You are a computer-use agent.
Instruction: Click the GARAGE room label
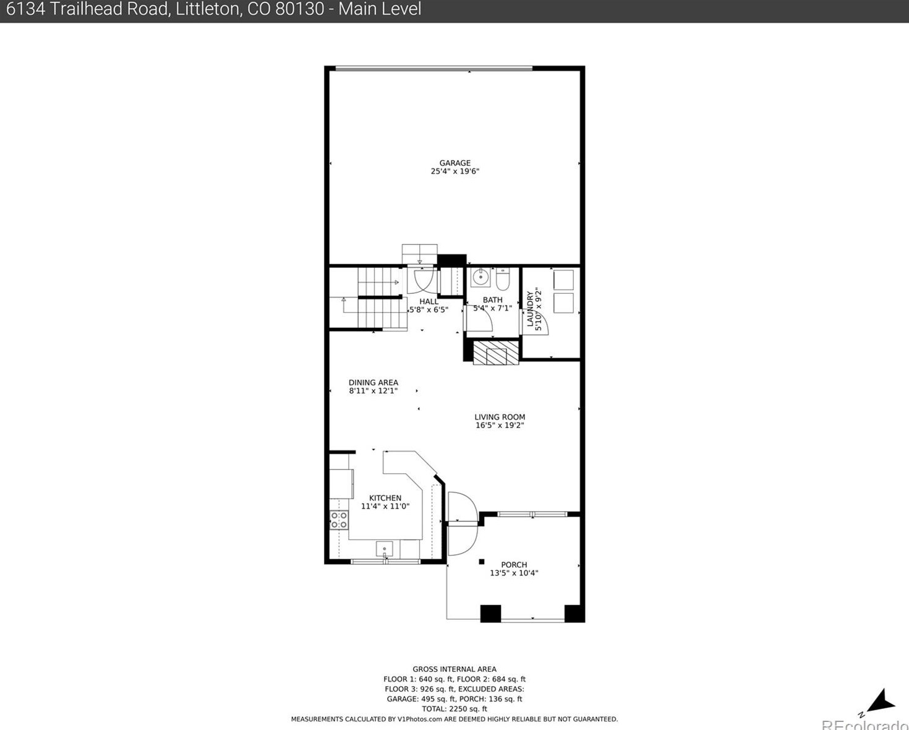454,163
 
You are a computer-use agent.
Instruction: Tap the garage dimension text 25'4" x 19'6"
454,171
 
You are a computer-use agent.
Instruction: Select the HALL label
428,301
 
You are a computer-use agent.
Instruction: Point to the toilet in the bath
502,280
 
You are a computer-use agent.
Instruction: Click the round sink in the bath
480,278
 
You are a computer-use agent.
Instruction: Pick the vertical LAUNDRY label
530,309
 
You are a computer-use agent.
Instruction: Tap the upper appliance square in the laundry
563,280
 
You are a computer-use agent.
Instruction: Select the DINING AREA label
373,382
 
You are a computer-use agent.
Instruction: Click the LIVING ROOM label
500,417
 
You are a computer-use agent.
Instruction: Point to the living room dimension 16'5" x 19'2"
500,426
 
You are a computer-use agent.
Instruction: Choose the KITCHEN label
385,498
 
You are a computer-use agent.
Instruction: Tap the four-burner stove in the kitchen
338,520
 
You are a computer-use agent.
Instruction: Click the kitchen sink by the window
384,549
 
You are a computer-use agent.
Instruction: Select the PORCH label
514,564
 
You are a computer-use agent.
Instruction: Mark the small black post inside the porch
482,562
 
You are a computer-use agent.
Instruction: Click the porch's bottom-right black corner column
574,613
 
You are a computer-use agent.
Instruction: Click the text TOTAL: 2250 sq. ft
454,709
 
